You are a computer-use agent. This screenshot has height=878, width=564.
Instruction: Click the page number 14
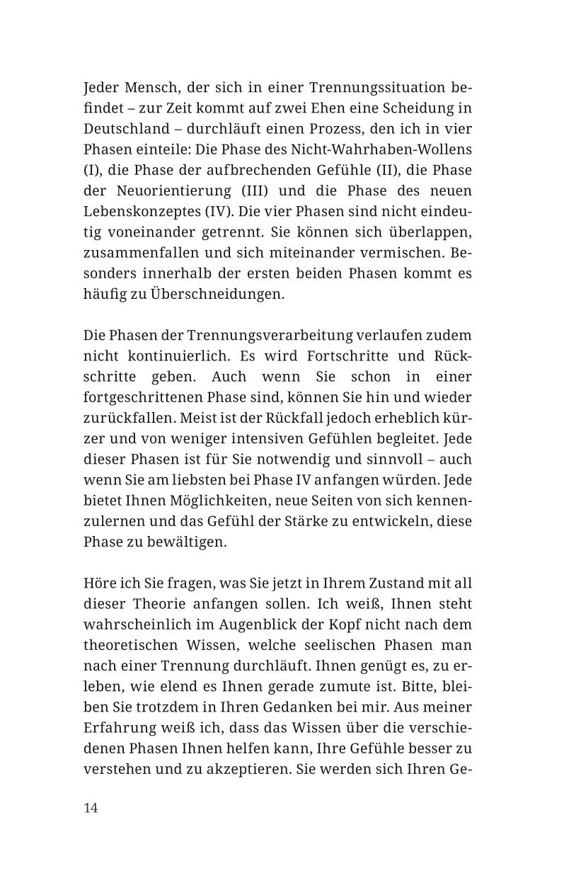point(91,808)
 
